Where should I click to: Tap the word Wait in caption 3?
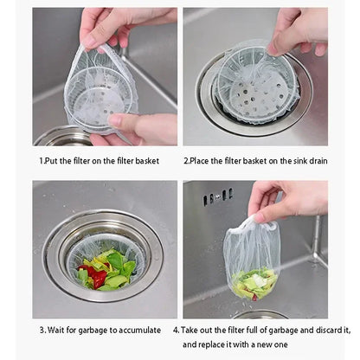click(x=59, y=330)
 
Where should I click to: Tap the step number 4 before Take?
click(x=176, y=330)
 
